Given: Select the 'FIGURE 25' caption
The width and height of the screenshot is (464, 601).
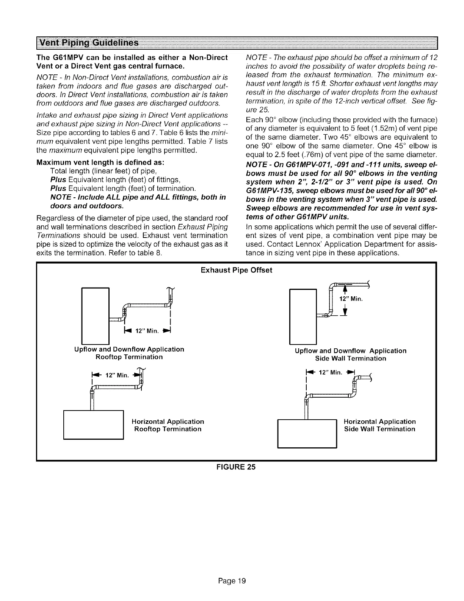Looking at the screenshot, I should (232, 467).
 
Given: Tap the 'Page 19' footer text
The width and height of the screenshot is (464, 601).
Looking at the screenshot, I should (232, 581).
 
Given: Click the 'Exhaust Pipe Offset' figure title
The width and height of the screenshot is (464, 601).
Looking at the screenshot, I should (236, 270).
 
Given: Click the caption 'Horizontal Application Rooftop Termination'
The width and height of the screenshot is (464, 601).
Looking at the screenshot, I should (168, 425).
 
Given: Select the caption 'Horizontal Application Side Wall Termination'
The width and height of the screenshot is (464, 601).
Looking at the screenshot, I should (379, 425).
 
